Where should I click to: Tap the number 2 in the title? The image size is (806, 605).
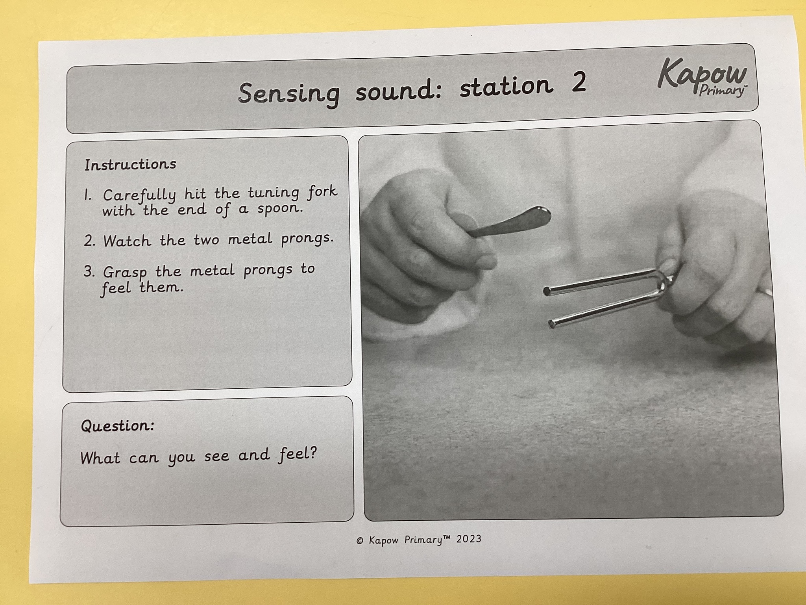pyautogui.click(x=579, y=82)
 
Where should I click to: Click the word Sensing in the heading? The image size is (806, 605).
pyautogui.click(x=288, y=93)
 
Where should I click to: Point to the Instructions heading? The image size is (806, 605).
pyautogui.click(x=130, y=164)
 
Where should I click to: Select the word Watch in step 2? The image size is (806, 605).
pyautogui.click(x=127, y=240)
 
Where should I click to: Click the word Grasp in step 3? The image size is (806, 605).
pyautogui.click(x=125, y=273)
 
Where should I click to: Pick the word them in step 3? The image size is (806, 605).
pyautogui.click(x=161, y=288)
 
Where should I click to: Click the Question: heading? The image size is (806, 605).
pyautogui.click(x=117, y=426)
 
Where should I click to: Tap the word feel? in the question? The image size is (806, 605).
pyautogui.click(x=298, y=455)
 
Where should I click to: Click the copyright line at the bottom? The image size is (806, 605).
pyautogui.click(x=419, y=540)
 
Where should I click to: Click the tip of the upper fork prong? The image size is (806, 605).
pyautogui.click(x=547, y=291)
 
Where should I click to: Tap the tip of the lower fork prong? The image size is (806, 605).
pyautogui.click(x=552, y=325)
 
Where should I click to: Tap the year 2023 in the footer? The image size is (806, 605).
pyautogui.click(x=469, y=539)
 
